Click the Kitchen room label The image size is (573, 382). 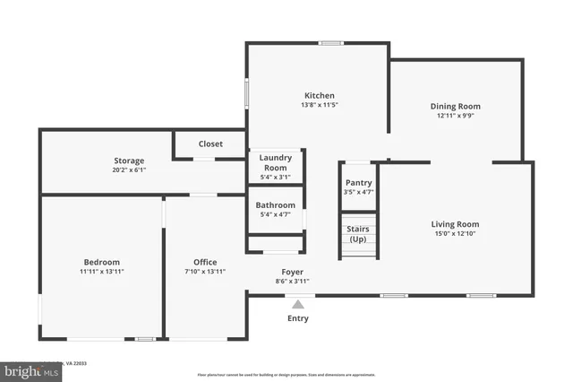coord(319,95)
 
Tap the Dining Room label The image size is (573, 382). coord(461,106)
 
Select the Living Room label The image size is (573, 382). coord(455,224)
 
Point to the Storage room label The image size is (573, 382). coord(129,161)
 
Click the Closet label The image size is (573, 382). coord(210,143)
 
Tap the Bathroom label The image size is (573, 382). coord(275,204)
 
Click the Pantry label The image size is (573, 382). coord(358,182)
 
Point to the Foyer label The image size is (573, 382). coord(292,271)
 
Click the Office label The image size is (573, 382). coord(205,262)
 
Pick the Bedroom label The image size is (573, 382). coord(101,262)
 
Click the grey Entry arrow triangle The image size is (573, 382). coord(297,304)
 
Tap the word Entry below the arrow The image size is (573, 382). coord(297,318)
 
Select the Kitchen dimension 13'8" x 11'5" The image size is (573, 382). coord(319,105)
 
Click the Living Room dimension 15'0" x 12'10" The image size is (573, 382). coord(455,234)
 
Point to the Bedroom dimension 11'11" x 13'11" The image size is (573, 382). coord(101,272)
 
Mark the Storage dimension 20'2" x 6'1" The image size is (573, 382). coord(129,170)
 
